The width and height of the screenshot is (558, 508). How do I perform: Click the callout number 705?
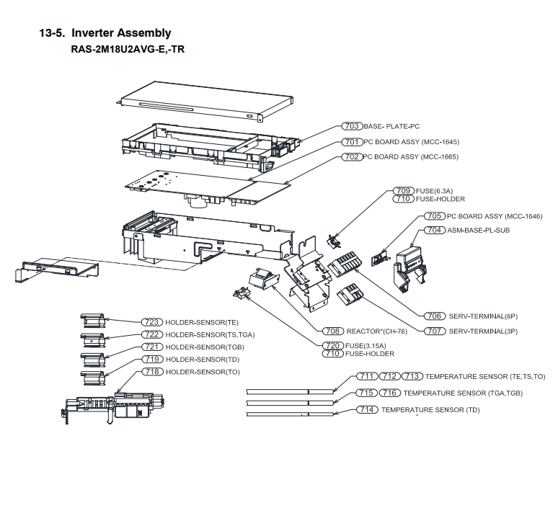click(x=433, y=215)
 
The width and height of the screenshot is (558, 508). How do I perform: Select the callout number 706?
click(x=433, y=316)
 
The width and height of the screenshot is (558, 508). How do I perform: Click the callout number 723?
click(x=151, y=322)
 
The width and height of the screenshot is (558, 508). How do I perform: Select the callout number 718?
click(x=151, y=372)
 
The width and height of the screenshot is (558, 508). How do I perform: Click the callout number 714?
click(x=368, y=409)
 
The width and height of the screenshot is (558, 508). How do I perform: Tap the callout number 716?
click(x=390, y=393)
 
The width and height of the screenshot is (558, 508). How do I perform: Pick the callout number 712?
click(x=390, y=377)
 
